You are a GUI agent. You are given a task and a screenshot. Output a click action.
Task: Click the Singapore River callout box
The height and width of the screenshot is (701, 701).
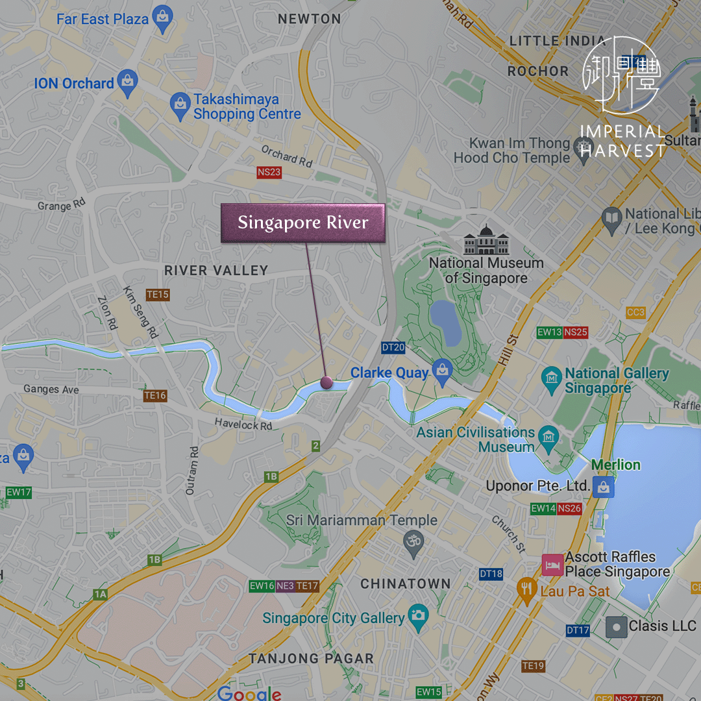pyautogui.click(x=302, y=223)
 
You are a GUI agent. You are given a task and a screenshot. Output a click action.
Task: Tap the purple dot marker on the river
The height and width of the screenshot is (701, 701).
pyautogui.click(x=326, y=383)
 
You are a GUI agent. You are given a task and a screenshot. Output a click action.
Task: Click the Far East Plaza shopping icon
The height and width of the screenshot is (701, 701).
pyautogui.click(x=162, y=17)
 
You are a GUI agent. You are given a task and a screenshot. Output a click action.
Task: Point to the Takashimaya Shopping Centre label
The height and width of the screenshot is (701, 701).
pyautogui.click(x=247, y=107)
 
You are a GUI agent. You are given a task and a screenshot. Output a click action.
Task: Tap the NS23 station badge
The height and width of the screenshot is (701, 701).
pyautogui.click(x=269, y=172)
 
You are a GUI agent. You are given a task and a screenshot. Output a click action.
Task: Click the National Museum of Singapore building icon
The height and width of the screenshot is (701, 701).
pyautogui.click(x=486, y=240)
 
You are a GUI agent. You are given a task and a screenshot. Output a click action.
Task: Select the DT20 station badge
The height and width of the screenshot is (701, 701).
pyautogui.click(x=393, y=347)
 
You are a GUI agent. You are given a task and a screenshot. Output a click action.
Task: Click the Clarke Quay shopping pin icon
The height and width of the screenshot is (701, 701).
pyautogui.click(x=442, y=370)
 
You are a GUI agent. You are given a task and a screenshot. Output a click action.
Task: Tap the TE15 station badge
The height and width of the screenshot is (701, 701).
pyautogui.click(x=157, y=295)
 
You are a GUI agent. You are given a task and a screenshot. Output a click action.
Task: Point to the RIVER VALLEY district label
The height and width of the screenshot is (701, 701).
pyautogui.click(x=215, y=271)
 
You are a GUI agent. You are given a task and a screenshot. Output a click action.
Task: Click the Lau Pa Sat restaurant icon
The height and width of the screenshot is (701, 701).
pyautogui.click(x=526, y=590)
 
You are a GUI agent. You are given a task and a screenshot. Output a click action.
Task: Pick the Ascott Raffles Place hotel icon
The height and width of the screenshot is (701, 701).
pyautogui.click(x=552, y=565)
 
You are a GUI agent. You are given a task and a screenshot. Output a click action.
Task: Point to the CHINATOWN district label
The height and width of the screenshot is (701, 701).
pyautogui.click(x=405, y=584)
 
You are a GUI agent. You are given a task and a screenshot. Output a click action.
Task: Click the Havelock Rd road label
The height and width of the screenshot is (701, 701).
pyautogui.click(x=243, y=426)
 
